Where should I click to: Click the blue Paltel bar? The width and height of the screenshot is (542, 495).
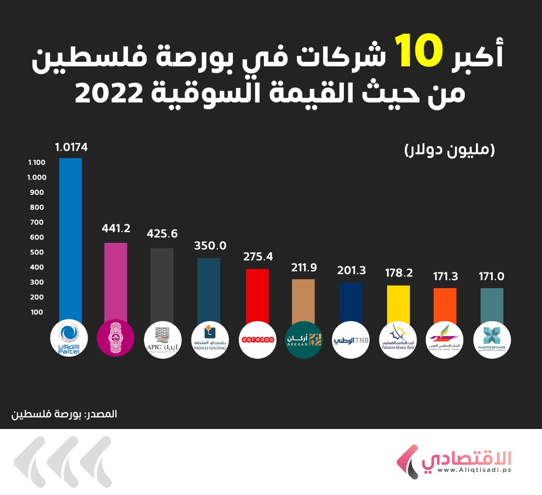click(x=70, y=239)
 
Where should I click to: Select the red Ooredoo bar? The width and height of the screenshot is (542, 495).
click(x=257, y=296)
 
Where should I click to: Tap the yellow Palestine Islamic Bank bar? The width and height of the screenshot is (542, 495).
click(x=398, y=304)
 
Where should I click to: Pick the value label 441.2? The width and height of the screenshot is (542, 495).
click(x=116, y=228)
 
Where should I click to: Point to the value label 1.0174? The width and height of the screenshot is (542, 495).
click(x=71, y=147)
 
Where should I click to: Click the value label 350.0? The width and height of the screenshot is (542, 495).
click(x=210, y=246)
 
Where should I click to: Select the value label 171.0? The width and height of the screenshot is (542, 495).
click(x=491, y=277)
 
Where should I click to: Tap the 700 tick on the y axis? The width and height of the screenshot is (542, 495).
click(x=37, y=222)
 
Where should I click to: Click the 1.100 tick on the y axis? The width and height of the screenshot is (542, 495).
click(x=37, y=162)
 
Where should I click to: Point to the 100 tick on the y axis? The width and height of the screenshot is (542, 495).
click(x=37, y=312)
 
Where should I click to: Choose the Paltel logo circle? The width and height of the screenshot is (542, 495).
click(x=69, y=339)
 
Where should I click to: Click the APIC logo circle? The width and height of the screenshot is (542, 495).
click(x=163, y=340)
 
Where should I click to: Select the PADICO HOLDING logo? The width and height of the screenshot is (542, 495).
click(x=210, y=340)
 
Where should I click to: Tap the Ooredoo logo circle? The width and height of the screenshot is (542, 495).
click(x=257, y=340)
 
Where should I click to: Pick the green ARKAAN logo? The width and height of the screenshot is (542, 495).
click(x=304, y=340)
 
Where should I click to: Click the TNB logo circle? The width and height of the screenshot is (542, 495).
click(x=351, y=340)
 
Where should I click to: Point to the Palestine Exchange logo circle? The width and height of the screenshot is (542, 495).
click(x=492, y=340)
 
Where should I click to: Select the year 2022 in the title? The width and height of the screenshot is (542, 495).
click(x=109, y=93)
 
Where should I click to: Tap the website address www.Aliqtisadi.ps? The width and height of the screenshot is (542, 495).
click(x=474, y=470)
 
